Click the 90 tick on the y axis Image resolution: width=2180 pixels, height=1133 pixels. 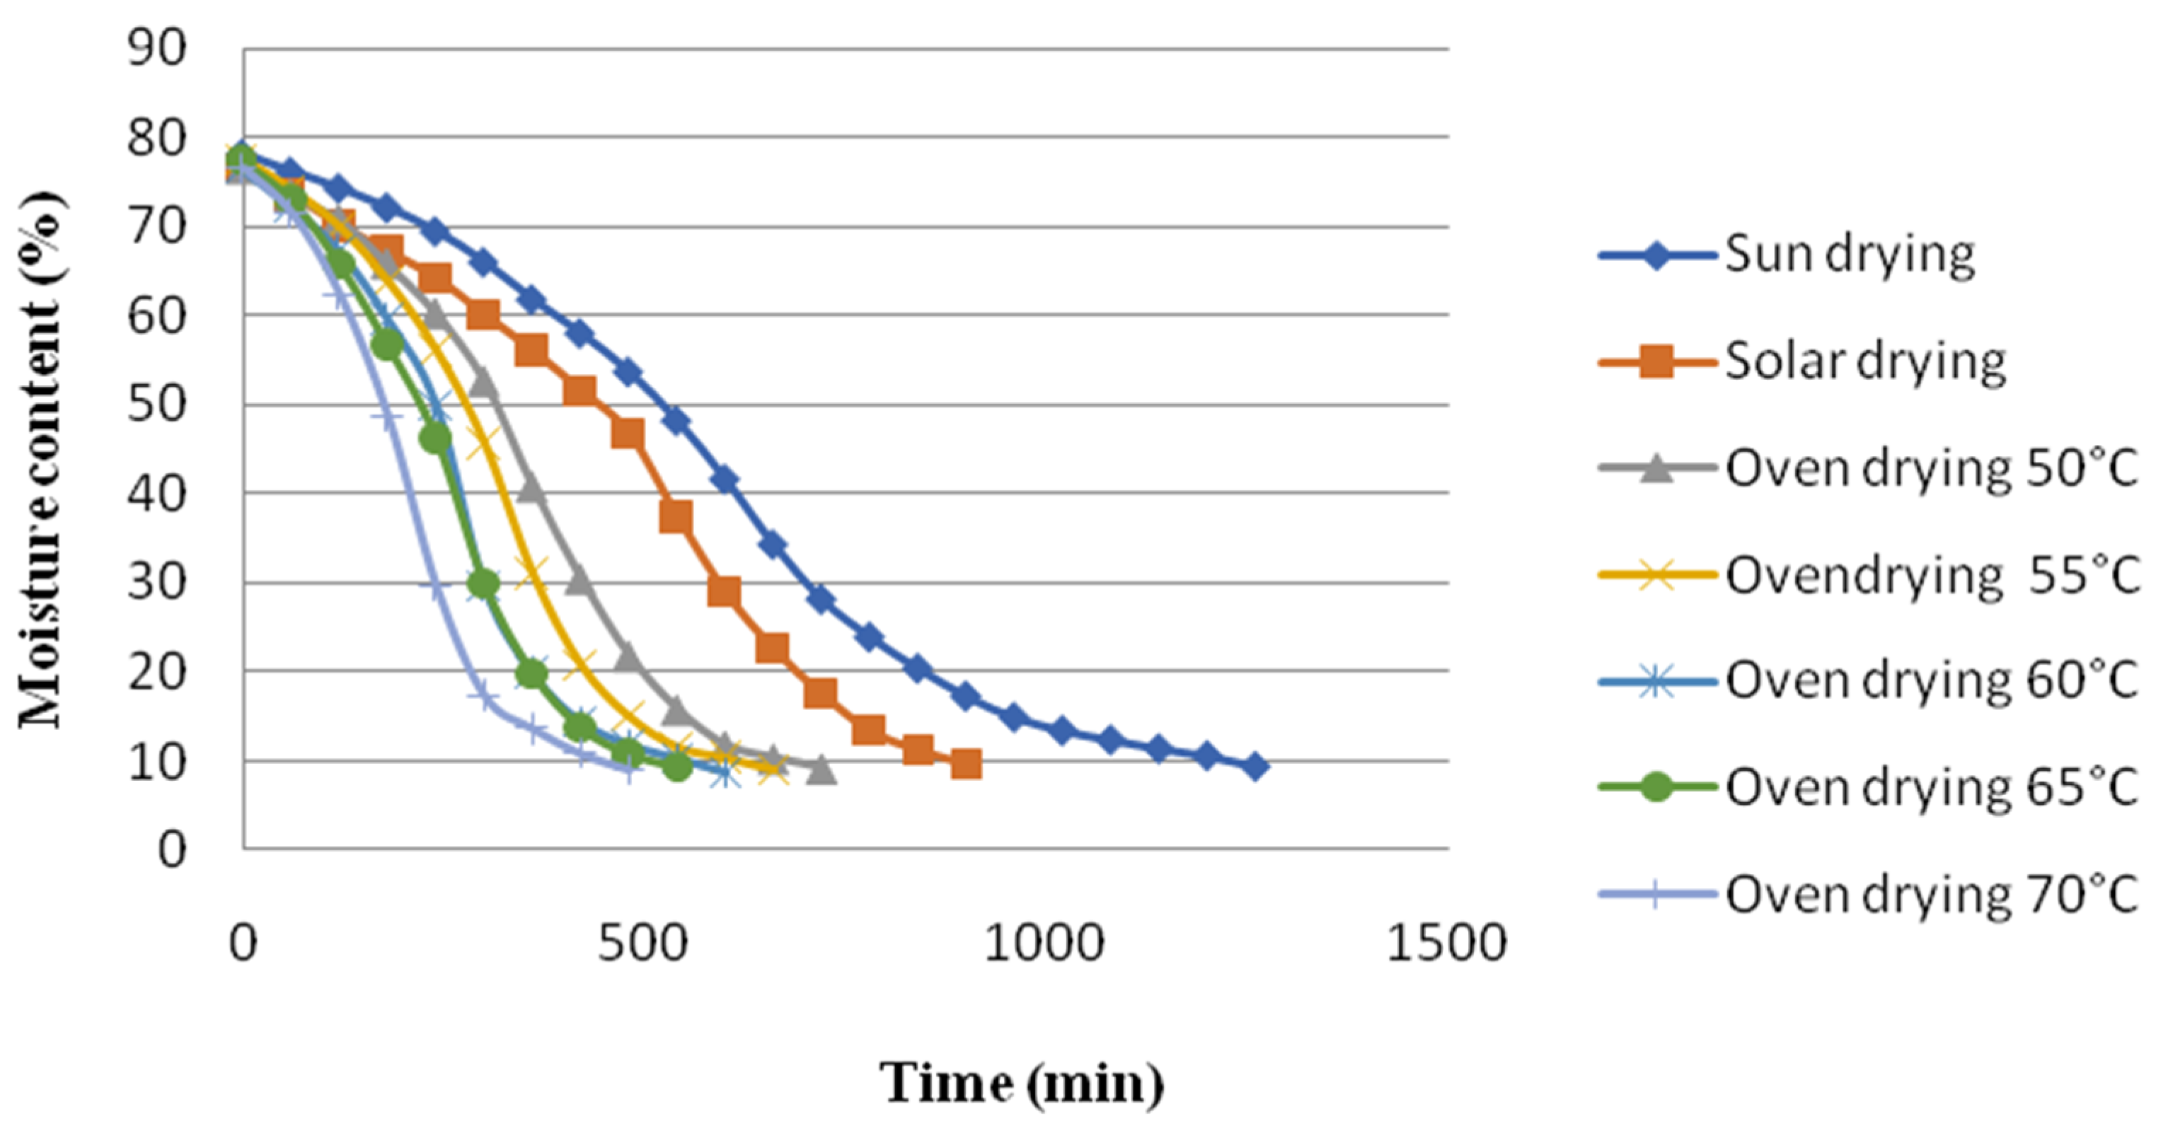156,48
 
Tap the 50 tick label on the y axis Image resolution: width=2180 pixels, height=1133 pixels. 156,405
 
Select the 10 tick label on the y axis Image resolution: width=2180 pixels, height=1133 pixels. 156,762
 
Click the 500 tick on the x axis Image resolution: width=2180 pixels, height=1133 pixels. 642,943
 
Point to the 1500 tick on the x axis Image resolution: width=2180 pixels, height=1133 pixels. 1446,943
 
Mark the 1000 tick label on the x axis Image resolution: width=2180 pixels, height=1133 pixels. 1044,943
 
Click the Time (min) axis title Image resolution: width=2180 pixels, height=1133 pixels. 1022,1083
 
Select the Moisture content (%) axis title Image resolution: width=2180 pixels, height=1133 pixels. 40,461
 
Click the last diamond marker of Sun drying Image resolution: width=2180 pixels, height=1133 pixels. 1256,767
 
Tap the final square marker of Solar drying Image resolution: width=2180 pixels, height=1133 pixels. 966,764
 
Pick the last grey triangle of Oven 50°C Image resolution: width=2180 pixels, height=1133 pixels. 821,770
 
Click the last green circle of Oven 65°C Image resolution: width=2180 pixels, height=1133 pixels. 676,767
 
